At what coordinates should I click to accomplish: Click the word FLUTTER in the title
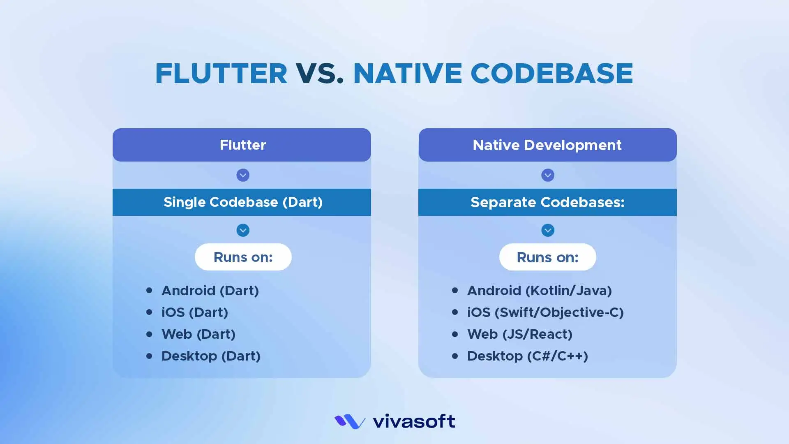tap(221, 74)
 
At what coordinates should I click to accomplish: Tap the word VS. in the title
tap(320, 74)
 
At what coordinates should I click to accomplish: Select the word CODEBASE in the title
tap(551, 74)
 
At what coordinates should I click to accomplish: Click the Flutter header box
tap(242, 145)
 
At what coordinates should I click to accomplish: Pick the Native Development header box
tap(547, 145)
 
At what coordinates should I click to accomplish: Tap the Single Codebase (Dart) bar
tap(242, 202)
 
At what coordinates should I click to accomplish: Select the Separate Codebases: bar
tap(547, 202)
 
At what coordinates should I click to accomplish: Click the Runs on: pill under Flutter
tap(243, 257)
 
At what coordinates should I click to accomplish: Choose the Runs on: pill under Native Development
tap(548, 257)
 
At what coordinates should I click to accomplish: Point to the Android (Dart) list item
tap(210, 291)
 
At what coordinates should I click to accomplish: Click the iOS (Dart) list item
tap(195, 312)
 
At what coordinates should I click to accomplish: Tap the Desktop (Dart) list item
tap(211, 356)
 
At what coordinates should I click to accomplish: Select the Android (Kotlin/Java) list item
tap(540, 291)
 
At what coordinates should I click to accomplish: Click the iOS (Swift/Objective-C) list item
tap(546, 312)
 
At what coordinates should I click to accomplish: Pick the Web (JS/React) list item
tap(520, 334)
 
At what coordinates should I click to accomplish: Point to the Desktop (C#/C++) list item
tap(528, 356)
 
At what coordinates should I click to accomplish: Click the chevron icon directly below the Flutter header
tap(243, 175)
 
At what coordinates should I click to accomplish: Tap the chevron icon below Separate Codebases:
tap(548, 230)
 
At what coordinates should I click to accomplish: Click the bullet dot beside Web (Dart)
tap(149, 334)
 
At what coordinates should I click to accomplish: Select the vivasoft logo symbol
tap(350, 421)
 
